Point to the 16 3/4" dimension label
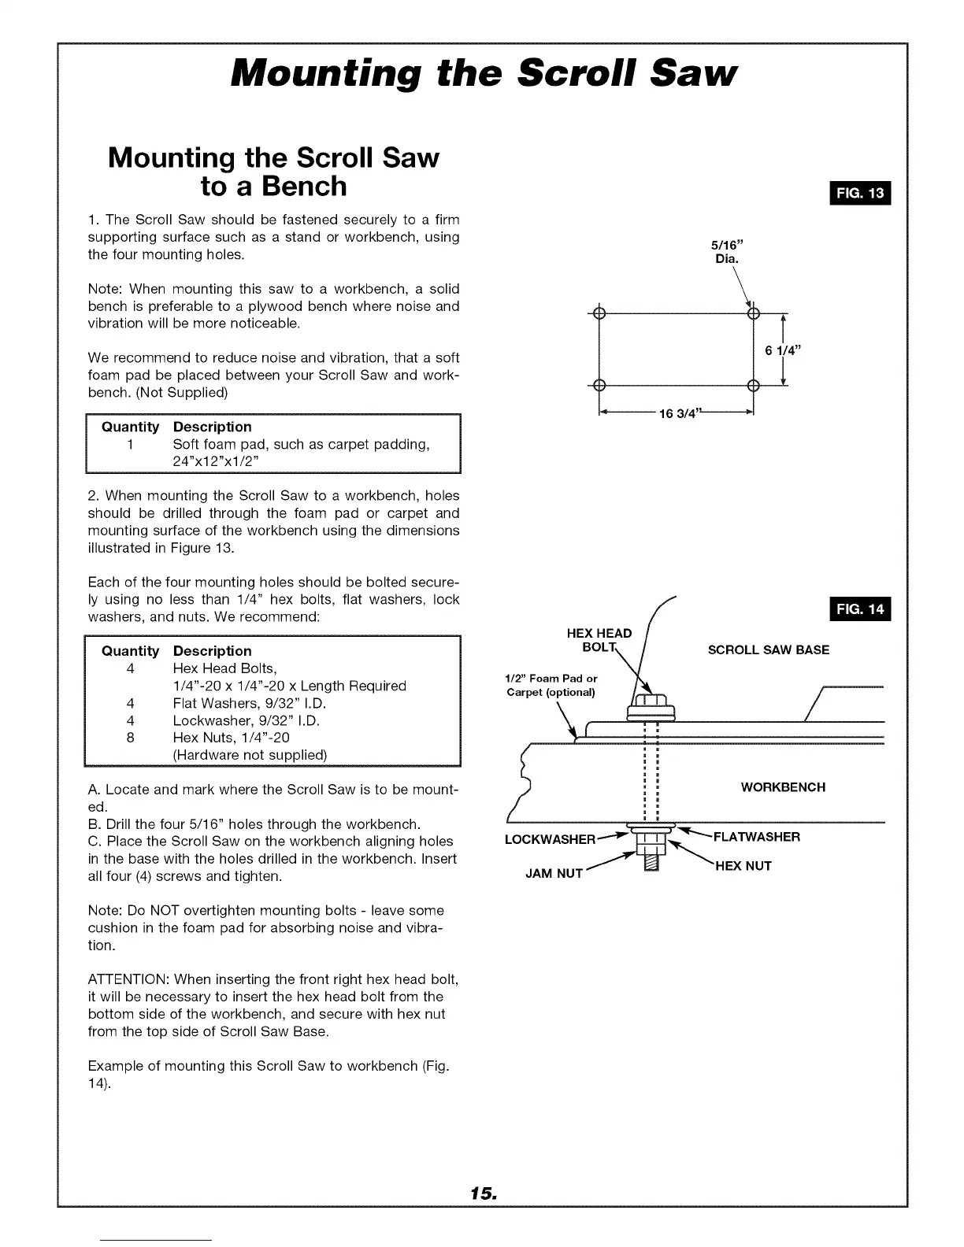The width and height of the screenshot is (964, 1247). click(x=678, y=415)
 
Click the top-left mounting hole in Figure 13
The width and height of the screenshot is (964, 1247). click(x=599, y=313)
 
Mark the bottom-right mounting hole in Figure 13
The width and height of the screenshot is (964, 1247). click(x=753, y=385)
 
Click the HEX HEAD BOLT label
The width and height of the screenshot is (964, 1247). click(x=599, y=640)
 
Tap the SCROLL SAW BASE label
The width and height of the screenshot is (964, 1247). click(x=768, y=650)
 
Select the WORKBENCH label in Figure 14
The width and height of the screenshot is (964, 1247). click(x=783, y=787)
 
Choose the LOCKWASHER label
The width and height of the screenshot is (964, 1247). click(x=550, y=839)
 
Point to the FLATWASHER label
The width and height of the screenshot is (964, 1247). click(x=756, y=837)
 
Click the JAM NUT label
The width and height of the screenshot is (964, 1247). click(x=554, y=873)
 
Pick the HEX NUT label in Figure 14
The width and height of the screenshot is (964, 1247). click(x=743, y=866)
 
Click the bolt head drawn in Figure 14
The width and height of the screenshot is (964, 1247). click(x=650, y=703)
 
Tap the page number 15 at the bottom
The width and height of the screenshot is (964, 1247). click(x=481, y=1193)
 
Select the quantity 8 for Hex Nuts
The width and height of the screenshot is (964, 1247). click(x=130, y=738)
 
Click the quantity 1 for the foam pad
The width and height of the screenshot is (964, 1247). click(x=130, y=445)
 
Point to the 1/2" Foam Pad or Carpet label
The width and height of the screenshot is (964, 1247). click(x=551, y=685)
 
